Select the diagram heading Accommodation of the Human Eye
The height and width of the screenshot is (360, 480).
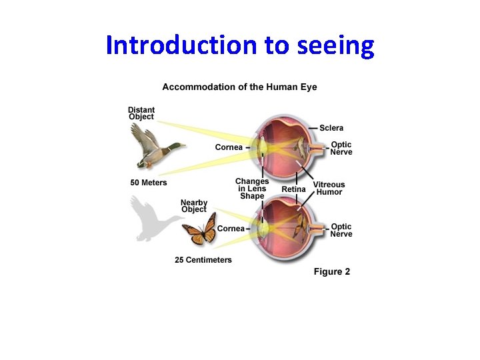coord(239,87)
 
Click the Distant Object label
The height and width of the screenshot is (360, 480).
coord(141,113)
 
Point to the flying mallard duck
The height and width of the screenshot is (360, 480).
coord(156,146)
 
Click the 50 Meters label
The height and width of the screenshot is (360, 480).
coord(149,183)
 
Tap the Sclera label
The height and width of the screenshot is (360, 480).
coord(331,128)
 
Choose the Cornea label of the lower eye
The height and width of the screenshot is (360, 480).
coord(231,229)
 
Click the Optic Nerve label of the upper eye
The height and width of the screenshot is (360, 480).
coord(341,148)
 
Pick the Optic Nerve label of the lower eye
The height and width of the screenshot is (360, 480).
coord(341,230)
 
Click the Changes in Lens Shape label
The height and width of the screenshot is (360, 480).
coord(252,189)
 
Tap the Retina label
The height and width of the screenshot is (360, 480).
coord(293,189)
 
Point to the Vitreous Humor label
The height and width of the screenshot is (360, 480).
coord(329,188)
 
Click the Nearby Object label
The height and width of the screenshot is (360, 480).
coord(194,205)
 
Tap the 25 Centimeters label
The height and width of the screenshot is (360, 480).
coord(203,260)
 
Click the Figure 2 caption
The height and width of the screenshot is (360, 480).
coord(332,272)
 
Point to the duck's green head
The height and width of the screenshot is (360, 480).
coord(178,146)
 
